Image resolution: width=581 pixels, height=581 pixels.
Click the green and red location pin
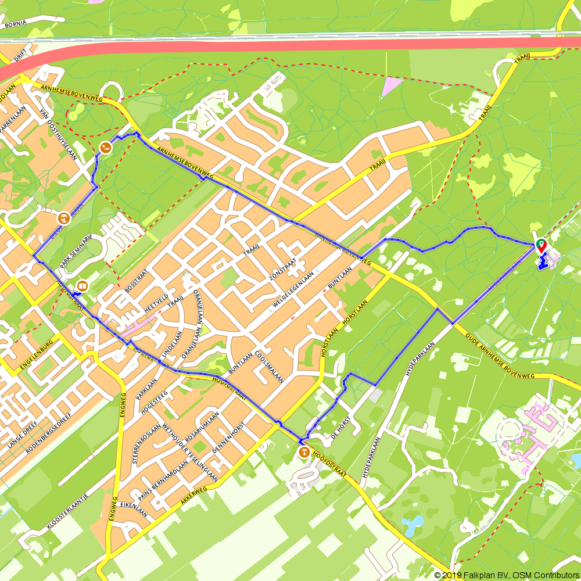pyautogui.click(x=541, y=245)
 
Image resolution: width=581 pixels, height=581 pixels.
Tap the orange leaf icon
pyautogui.click(x=105, y=148)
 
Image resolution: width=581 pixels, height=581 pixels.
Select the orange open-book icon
pyautogui.click(x=82, y=286)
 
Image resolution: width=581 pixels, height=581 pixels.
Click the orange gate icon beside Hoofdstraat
pyautogui.click(x=303, y=452)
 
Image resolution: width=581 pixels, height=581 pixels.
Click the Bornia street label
pyautogui.click(x=16, y=25)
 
